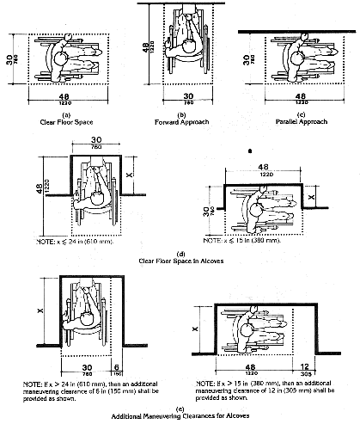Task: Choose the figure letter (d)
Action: coord(180,251)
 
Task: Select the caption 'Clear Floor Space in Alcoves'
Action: coord(180,259)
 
